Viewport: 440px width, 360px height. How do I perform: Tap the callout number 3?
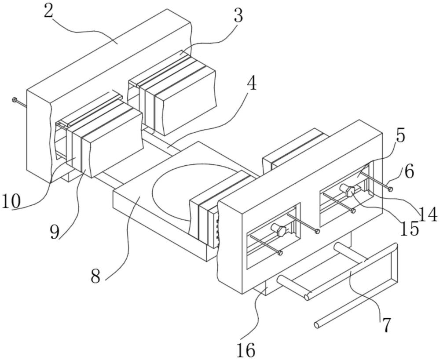click(x=238, y=16)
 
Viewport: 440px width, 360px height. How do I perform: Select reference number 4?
click(x=251, y=83)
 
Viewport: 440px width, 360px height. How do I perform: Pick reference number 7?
click(x=386, y=325)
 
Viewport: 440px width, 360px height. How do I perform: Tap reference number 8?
click(x=95, y=276)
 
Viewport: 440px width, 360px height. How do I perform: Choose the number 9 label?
click(x=55, y=233)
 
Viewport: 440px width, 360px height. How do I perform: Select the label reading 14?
click(x=428, y=215)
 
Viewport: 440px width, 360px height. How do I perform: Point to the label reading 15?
click(x=409, y=229)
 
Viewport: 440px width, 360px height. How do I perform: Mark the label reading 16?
click(x=246, y=349)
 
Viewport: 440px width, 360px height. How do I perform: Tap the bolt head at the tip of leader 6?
click(x=390, y=189)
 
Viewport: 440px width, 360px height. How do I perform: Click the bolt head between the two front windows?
click(x=317, y=231)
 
